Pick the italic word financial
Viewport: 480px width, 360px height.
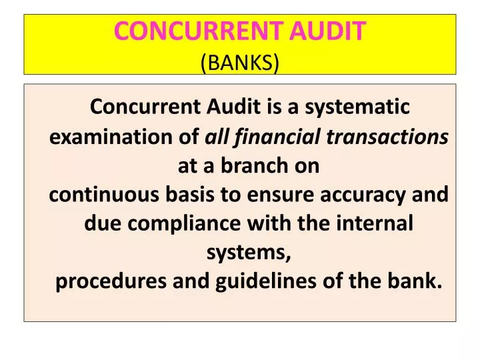click(x=269, y=137)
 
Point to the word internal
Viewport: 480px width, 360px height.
click(x=377, y=224)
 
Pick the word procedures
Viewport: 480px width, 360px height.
click(x=111, y=283)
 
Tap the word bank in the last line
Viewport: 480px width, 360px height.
click(x=419, y=283)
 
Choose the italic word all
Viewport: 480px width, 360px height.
click(x=215, y=137)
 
